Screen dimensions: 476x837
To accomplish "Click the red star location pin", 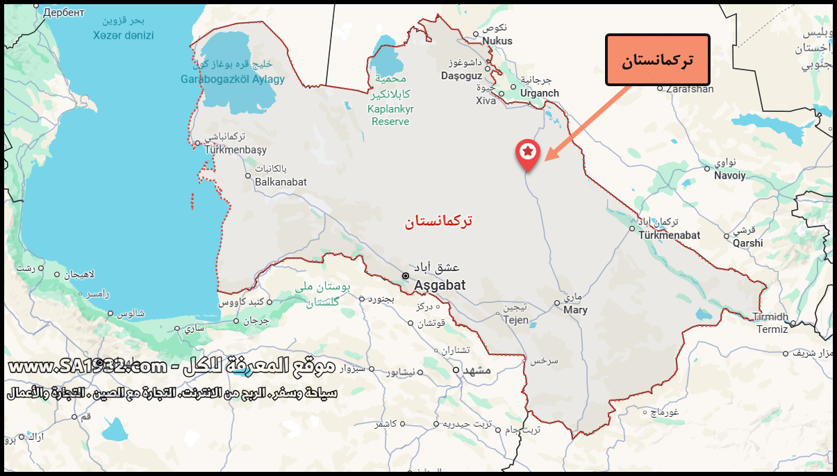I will [528, 152].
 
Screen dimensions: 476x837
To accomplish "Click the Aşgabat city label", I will [440, 285].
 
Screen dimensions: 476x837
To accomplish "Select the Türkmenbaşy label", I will [235, 149].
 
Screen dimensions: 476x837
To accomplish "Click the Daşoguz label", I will [461, 75].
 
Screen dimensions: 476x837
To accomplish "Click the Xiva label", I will [486, 101].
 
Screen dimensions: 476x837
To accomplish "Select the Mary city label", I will [575, 310].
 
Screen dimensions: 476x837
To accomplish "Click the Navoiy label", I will [729, 176].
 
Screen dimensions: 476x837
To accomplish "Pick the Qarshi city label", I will [747, 243].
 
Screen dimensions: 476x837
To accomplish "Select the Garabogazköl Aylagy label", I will [233, 79].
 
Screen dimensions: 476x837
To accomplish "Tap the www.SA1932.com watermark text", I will [87, 366].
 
